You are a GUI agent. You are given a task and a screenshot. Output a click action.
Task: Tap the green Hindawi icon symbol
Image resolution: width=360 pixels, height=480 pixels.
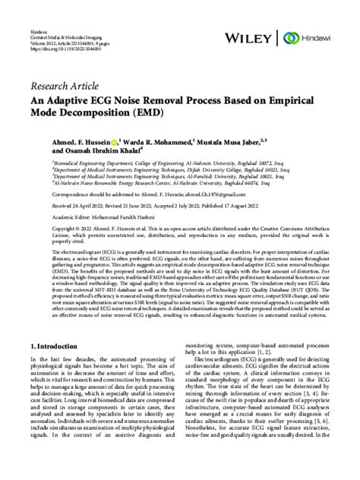point(289,37)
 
